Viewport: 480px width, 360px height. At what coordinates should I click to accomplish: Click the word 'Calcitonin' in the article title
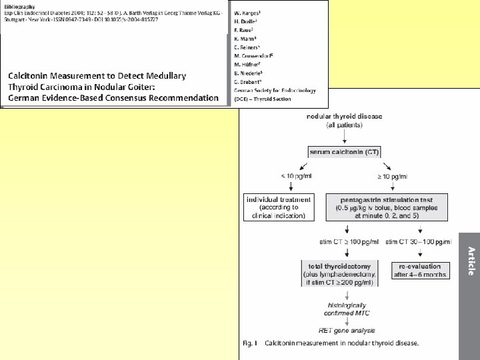(x=31, y=75)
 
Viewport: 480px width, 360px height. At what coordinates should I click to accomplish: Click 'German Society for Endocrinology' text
(x=275, y=90)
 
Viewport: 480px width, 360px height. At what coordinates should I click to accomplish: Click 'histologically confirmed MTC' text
(x=340, y=307)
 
